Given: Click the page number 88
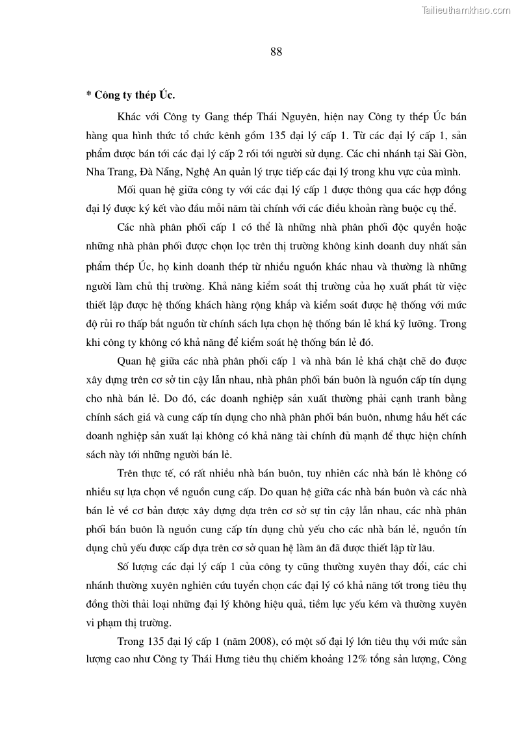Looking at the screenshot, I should coord(276,53).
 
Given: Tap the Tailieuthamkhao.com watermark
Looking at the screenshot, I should coord(467,10).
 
